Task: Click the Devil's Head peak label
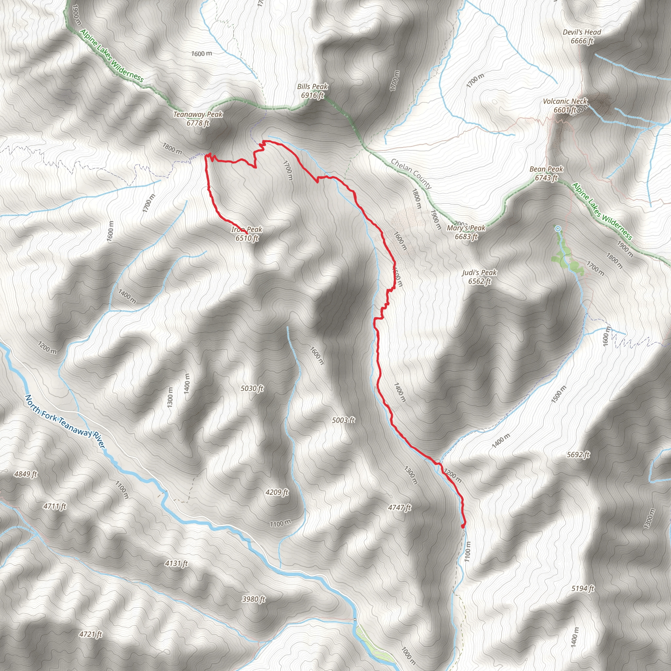click(x=582, y=36)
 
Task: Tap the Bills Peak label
click(x=312, y=91)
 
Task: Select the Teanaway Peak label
click(x=198, y=118)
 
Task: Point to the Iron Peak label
click(x=247, y=234)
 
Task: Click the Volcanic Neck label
click(x=565, y=105)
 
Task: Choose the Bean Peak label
click(x=546, y=173)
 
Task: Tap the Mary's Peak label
click(x=466, y=232)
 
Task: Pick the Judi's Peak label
click(x=479, y=277)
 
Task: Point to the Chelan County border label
click(x=411, y=174)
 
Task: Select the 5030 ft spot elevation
click(x=252, y=388)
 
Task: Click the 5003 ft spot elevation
click(x=343, y=420)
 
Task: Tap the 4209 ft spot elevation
click(x=277, y=492)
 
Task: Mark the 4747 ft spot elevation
click(x=399, y=508)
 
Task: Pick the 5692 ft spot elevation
click(x=578, y=455)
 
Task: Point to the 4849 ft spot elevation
click(x=25, y=474)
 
